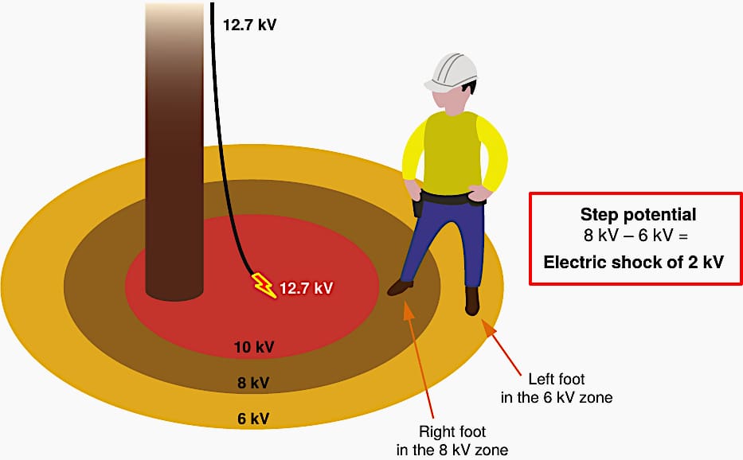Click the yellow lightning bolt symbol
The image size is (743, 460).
pyautogui.click(x=264, y=286)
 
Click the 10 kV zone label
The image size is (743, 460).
pyautogui.click(x=254, y=347)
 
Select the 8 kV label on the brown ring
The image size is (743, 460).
pyautogui.click(x=253, y=382)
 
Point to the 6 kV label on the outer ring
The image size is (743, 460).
pyautogui.click(x=253, y=419)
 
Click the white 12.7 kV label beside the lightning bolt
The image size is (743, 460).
pyautogui.click(x=306, y=288)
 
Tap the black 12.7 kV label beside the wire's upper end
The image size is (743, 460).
pyautogui.click(x=250, y=25)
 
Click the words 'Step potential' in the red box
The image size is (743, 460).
pyautogui.click(x=638, y=215)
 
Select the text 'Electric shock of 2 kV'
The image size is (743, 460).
pyautogui.click(x=634, y=262)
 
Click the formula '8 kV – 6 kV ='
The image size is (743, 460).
pyautogui.click(x=635, y=236)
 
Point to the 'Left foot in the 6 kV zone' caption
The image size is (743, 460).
pyautogui.click(x=557, y=388)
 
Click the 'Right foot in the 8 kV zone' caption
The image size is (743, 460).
pyautogui.click(x=452, y=440)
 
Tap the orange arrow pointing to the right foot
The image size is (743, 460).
pyautogui.click(x=419, y=360)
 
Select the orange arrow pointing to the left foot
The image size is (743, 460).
pyautogui.click(x=502, y=345)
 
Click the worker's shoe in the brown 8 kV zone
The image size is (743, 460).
pyautogui.click(x=401, y=287)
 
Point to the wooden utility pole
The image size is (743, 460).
pyautogui.click(x=174, y=150)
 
